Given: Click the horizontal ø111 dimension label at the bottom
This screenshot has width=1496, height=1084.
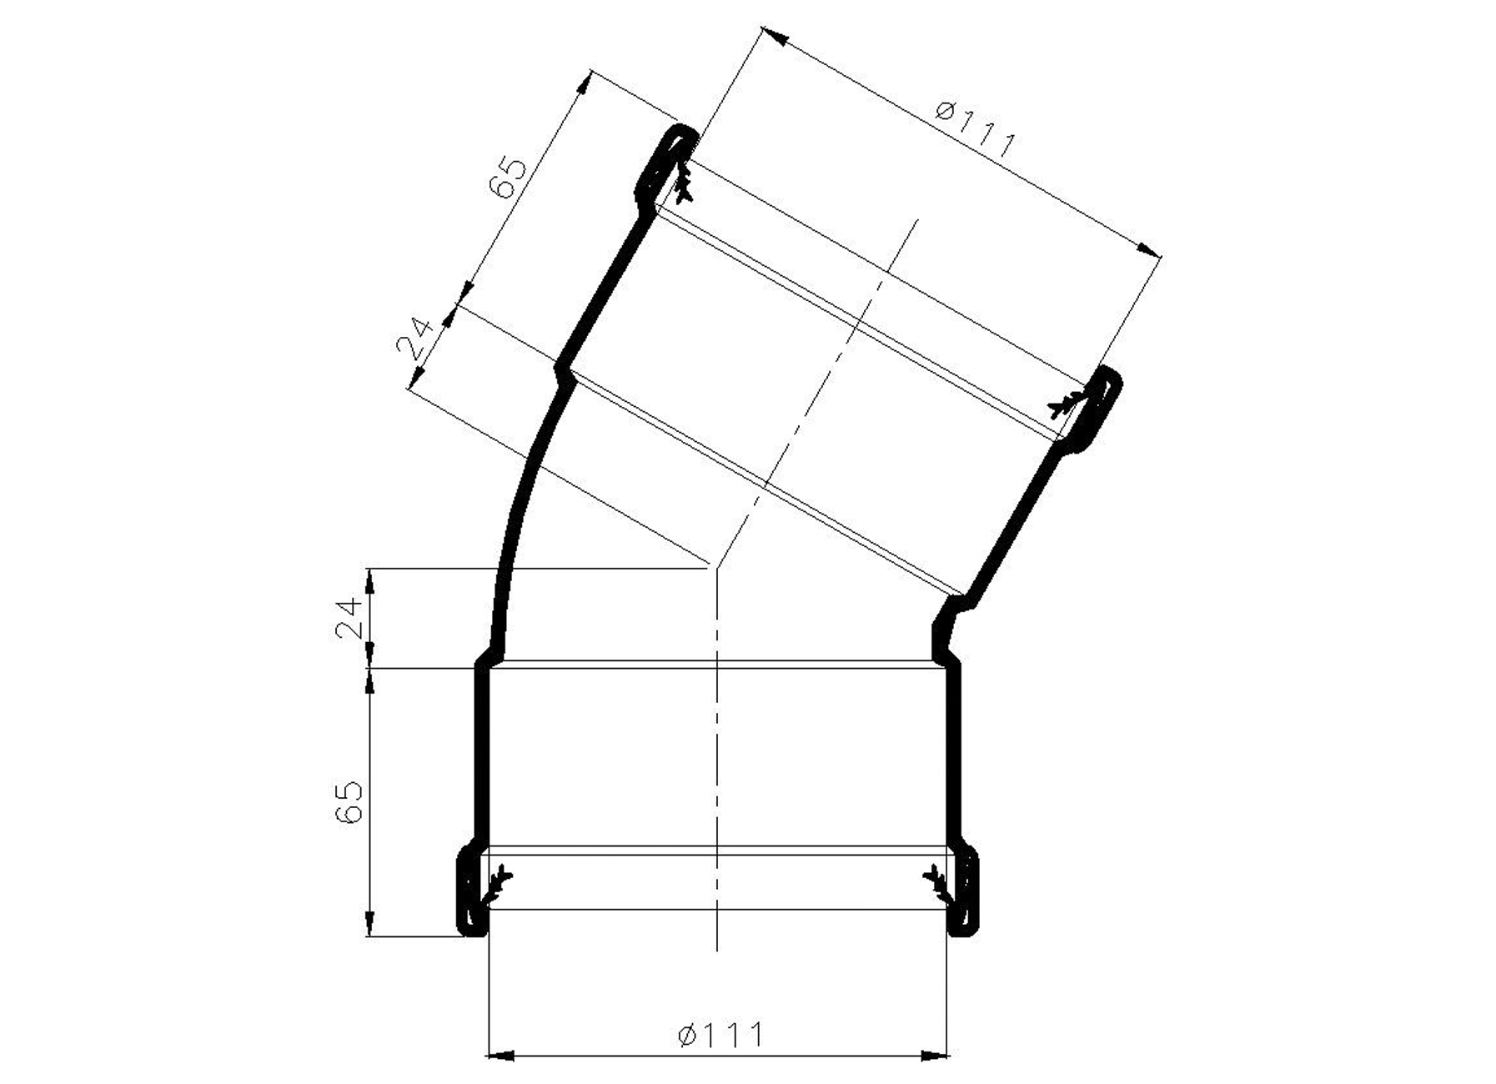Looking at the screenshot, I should (x=720, y=1036).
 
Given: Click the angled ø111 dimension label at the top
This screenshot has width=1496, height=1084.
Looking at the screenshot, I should (x=975, y=130).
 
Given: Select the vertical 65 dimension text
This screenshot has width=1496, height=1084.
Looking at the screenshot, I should (x=350, y=802).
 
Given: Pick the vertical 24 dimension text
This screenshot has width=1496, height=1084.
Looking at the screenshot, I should (x=350, y=617).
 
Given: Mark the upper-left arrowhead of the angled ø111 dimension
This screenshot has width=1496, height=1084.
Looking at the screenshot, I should (x=776, y=37).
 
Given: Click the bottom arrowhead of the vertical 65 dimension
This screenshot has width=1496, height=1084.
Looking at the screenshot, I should (x=369, y=926).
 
